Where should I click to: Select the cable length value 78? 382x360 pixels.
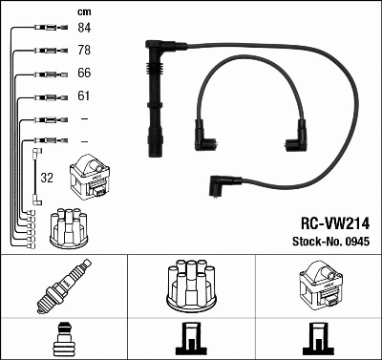tap(83, 50)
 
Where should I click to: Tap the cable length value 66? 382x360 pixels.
tap(83, 74)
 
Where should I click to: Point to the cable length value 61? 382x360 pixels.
tap(83, 96)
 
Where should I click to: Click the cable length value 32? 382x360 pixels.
tap(46, 177)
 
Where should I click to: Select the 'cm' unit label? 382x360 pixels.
tap(82, 11)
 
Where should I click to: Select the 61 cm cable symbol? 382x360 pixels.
tap(42, 96)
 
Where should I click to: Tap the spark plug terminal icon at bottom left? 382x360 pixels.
tap(63, 336)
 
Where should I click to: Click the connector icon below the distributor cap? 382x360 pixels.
tap(190, 338)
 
